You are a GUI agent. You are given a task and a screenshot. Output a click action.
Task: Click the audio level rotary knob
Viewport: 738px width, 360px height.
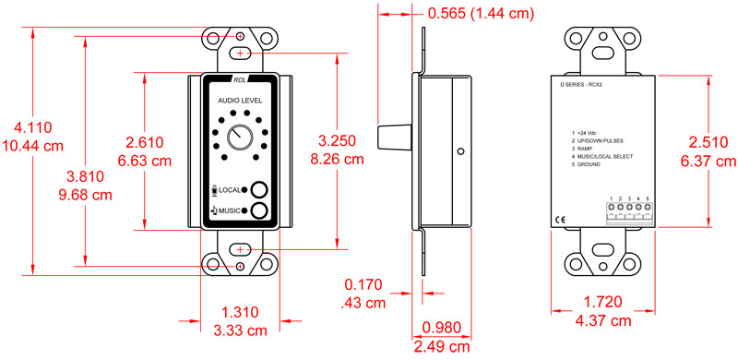[239, 136]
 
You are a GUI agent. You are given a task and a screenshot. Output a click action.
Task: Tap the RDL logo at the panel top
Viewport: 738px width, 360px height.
[240, 79]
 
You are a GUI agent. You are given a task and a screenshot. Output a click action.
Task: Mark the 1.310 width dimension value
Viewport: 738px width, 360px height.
[240, 313]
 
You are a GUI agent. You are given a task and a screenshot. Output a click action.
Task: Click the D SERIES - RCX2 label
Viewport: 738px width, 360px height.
[587, 83]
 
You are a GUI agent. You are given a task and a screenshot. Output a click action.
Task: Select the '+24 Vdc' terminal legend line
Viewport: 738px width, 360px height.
[587, 133]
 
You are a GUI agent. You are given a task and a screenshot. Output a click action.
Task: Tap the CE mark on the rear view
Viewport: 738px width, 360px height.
[559, 219]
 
